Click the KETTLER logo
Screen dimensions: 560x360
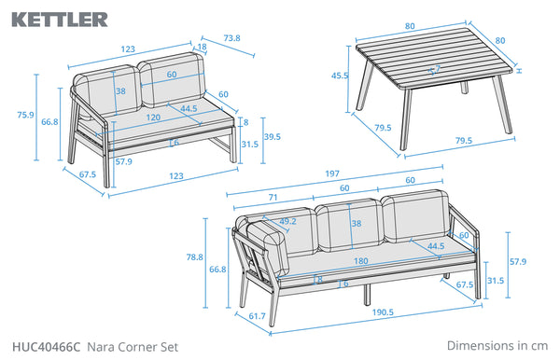(x=60, y=20)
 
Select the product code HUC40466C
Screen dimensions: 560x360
(x=47, y=347)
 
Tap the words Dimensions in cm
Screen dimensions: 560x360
(x=497, y=346)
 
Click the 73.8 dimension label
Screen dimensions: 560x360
(x=231, y=38)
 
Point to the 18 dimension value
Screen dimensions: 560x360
(x=202, y=47)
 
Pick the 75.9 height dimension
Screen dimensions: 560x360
(x=26, y=115)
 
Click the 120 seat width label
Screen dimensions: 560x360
(x=153, y=118)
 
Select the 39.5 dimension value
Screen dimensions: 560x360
(x=273, y=137)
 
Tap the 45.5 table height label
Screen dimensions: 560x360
(x=340, y=76)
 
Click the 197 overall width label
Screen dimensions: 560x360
(x=332, y=173)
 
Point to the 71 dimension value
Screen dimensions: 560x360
(x=273, y=198)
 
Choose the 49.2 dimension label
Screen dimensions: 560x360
(x=287, y=221)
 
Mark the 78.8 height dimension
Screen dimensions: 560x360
(x=195, y=256)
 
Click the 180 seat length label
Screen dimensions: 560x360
(x=360, y=261)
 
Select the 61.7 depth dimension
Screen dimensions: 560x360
(x=258, y=316)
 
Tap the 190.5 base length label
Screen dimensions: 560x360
(x=383, y=312)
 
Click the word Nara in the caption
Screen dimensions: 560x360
(x=101, y=347)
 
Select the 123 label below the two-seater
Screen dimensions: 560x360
(x=176, y=176)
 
